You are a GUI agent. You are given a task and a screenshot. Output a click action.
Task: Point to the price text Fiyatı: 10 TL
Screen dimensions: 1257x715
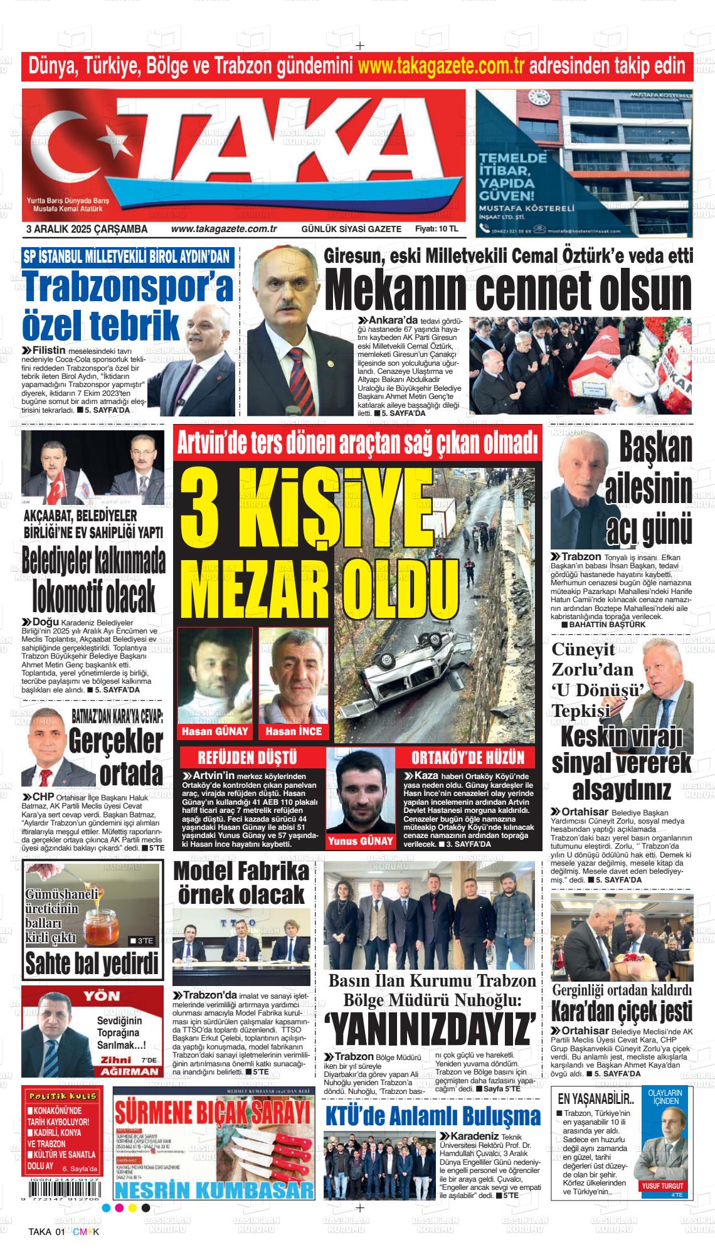coord(437,230)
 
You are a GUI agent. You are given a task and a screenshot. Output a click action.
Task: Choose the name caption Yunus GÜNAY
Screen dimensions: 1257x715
coord(360,841)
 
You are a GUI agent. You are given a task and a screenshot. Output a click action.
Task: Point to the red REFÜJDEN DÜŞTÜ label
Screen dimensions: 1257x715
coord(247,756)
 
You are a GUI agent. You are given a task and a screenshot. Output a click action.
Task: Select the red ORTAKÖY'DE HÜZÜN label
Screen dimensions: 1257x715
coord(468,756)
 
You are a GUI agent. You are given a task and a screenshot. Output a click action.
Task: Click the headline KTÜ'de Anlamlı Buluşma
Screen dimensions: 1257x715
coord(433,1117)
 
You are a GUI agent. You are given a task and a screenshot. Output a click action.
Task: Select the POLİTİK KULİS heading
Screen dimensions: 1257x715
coord(61,1095)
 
